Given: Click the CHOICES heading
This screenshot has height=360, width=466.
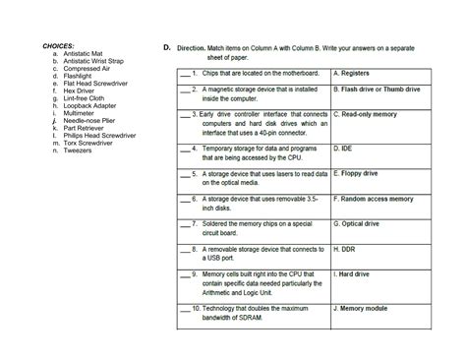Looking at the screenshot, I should click(x=60, y=47).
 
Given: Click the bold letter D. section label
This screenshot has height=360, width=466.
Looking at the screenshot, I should click(x=168, y=47).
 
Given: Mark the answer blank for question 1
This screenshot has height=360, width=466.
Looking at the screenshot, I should click(x=182, y=73).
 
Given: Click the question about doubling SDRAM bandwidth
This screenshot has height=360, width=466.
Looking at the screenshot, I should click(x=256, y=313).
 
